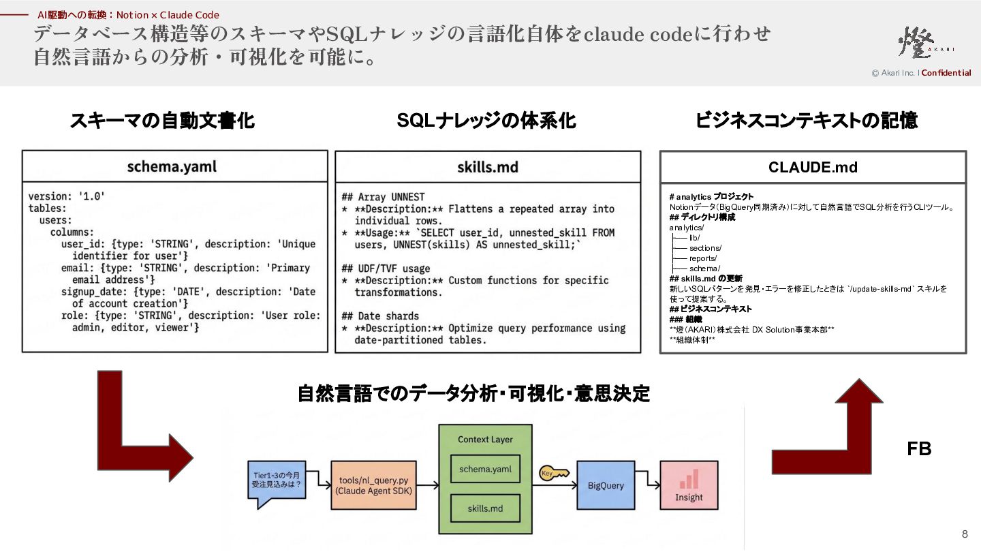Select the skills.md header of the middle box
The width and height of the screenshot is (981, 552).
[x=488, y=167]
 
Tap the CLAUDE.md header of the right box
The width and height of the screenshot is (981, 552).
[x=813, y=168]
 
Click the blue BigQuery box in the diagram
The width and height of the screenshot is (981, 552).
[x=606, y=485]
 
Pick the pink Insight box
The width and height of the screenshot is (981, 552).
[x=689, y=485]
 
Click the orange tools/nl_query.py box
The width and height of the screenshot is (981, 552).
[x=373, y=485]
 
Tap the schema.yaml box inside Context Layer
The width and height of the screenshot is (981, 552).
[x=485, y=469]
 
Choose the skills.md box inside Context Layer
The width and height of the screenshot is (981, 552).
[x=485, y=508]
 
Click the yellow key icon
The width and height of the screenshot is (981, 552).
[x=554, y=473]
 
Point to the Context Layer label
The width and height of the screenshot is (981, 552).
[x=485, y=440]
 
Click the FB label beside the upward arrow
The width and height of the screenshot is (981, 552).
[x=919, y=448]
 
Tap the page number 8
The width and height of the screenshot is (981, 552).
[x=965, y=534]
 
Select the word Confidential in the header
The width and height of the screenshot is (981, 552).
[x=946, y=73]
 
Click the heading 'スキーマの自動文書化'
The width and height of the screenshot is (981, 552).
[x=162, y=121]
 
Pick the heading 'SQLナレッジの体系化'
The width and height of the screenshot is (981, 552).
[x=486, y=121]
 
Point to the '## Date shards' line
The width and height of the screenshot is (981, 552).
[x=380, y=316]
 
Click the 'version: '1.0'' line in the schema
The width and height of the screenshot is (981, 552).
[x=67, y=196]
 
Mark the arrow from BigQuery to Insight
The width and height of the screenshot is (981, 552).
[x=648, y=478]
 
